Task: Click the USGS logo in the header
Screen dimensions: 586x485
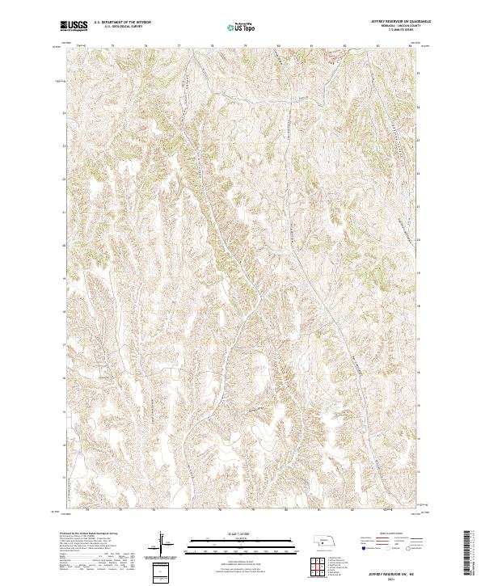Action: (x=74, y=26)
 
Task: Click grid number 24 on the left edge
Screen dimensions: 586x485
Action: (x=65, y=113)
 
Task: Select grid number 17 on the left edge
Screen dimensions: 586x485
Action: (x=65, y=344)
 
